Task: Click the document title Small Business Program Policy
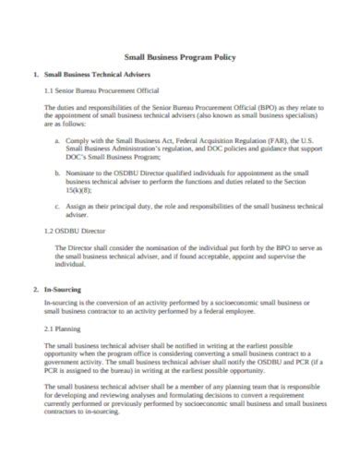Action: click(180, 56)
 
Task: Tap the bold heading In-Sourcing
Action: click(63, 290)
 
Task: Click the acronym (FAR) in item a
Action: click(275, 141)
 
